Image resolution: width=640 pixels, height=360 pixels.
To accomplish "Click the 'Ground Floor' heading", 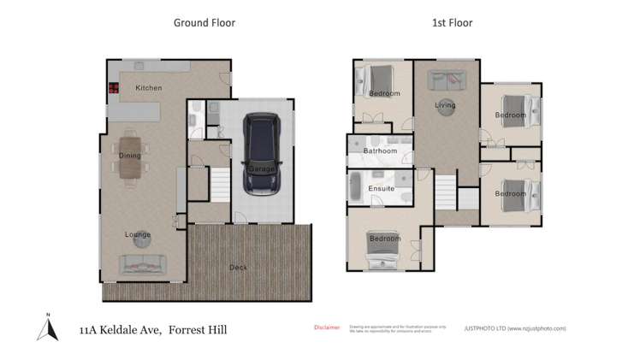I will (204, 23).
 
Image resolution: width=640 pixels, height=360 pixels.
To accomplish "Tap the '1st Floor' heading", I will (453, 23).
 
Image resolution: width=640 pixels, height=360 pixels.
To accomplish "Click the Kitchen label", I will (148, 88).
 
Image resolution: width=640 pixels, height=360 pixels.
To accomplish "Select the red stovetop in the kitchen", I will (113, 87).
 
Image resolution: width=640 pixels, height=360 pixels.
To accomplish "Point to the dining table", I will (130, 157).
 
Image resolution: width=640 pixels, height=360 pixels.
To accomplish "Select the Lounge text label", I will (138, 234).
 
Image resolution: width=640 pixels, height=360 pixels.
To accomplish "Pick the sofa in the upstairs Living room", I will (446, 81).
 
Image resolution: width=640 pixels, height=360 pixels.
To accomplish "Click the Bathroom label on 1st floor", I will (380, 152).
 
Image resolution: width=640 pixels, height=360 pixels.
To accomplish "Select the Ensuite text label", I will (381, 188).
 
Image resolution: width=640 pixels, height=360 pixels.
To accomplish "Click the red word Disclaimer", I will (326, 328).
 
